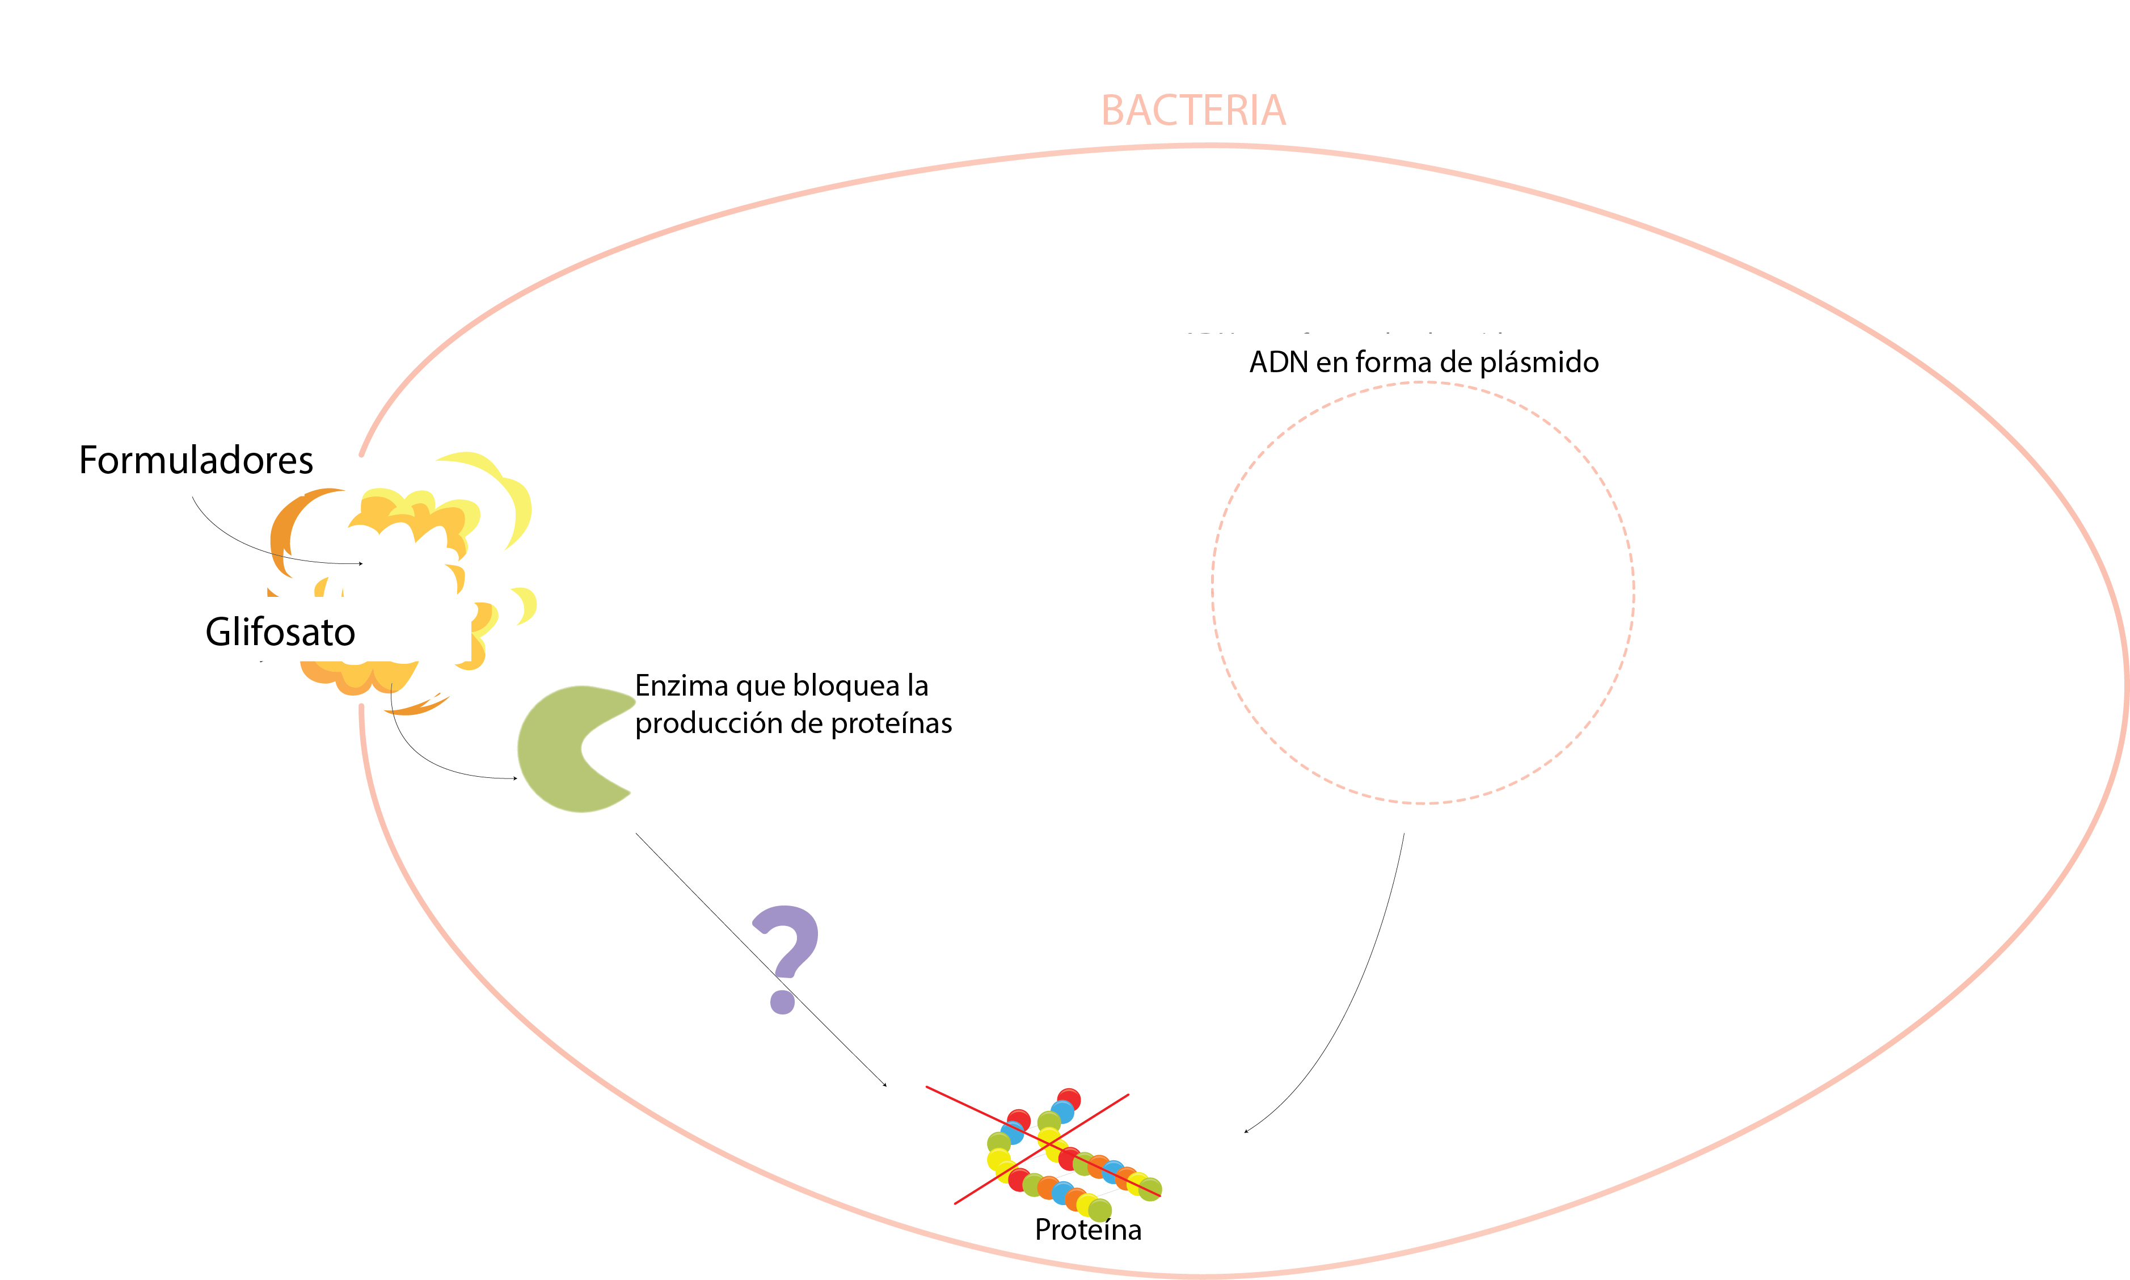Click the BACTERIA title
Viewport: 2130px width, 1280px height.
click(1193, 111)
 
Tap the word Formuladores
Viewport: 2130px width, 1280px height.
click(196, 461)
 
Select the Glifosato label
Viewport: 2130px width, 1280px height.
click(280, 632)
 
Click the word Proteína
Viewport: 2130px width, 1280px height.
click(1087, 1229)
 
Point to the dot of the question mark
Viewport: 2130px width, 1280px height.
click(782, 1001)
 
